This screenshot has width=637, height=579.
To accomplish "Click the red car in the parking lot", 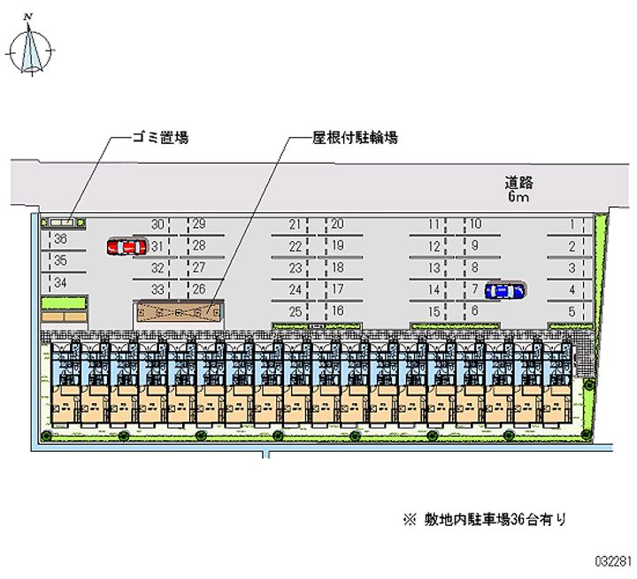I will (x=125, y=247).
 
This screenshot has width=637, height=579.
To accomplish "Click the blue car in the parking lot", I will (x=503, y=289).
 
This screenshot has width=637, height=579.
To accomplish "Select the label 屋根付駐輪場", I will (x=354, y=138).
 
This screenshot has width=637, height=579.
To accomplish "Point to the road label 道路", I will (x=519, y=183).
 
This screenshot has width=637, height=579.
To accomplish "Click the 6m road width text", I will (x=518, y=198).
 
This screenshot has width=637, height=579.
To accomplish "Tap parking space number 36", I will (x=60, y=239).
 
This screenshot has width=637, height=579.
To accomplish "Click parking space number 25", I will (x=295, y=311).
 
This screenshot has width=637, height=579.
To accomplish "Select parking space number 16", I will (x=337, y=311).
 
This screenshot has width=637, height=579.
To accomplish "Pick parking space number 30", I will (x=157, y=225).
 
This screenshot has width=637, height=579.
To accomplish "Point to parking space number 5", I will (x=572, y=311).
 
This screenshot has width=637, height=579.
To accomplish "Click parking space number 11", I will (x=434, y=225).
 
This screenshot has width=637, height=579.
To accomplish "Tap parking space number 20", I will (x=337, y=225).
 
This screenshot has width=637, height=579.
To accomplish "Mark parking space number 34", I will (x=60, y=283).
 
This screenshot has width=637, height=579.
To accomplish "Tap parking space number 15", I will (x=434, y=311).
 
